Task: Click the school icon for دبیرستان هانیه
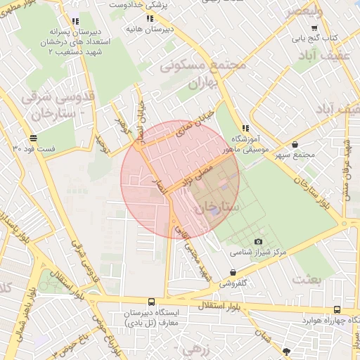149,19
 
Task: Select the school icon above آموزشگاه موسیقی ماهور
245,128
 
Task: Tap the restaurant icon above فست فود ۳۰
33,138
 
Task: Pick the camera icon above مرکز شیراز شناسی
258,241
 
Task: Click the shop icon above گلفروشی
233,273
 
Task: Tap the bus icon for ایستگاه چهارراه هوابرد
337,309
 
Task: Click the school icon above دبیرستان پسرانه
75,21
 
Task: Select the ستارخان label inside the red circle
219,207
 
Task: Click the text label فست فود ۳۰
34,149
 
